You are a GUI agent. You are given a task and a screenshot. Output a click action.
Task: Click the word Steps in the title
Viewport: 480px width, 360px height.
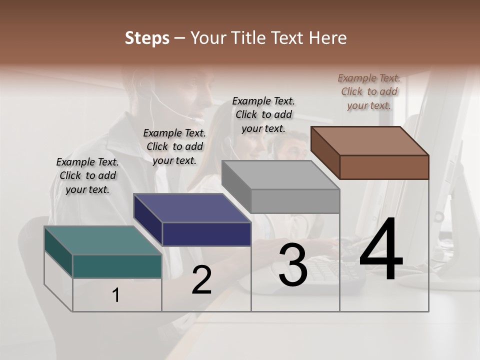tap(147, 38)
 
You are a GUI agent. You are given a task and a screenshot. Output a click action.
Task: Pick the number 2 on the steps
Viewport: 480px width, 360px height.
tap(201, 280)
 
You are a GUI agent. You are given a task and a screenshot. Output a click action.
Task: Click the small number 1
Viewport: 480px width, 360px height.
tap(116, 295)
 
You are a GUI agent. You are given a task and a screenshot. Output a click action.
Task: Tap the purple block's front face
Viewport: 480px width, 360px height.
tap(206, 234)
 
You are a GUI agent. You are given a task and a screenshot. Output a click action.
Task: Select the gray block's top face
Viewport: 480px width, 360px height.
tap(280, 175)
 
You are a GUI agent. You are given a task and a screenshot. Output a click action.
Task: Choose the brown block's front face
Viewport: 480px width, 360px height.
tap(384, 167)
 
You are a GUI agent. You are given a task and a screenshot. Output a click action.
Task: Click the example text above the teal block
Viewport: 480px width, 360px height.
tap(87, 175)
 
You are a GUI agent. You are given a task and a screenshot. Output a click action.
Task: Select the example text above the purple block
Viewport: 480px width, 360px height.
tap(174, 146)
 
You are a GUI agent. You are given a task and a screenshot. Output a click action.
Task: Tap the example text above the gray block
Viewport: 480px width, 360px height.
tap(263, 114)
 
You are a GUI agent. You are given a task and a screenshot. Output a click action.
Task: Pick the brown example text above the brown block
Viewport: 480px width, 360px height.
tap(369, 91)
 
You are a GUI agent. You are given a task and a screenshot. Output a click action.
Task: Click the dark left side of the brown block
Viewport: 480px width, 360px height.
tap(325, 152)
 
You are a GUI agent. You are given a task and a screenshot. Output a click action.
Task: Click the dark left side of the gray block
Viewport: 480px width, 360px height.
tap(236, 186)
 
